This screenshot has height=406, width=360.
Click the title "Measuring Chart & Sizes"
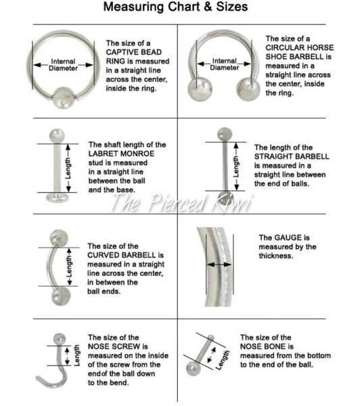pyautogui.click(x=179, y=8)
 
